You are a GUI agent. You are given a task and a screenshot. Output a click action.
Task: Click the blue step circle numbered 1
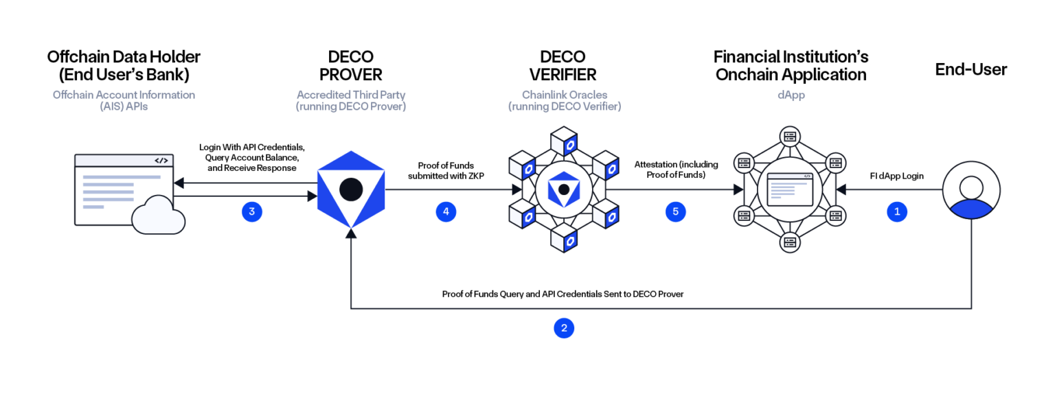[897, 212]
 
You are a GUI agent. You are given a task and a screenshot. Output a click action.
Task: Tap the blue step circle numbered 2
[564, 328]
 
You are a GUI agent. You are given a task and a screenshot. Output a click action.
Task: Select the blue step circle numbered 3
[252, 212]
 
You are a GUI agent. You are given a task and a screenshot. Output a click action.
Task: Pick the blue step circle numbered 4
[446, 212]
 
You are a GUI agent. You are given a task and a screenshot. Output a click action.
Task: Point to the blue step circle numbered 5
[675, 212]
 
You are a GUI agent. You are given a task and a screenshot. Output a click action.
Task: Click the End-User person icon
[971, 190]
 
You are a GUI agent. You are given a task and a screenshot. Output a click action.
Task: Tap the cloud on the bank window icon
[158, 215]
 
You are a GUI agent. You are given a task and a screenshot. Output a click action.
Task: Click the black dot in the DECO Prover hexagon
[351, 189]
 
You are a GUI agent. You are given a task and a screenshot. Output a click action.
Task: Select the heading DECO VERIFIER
[563, 65]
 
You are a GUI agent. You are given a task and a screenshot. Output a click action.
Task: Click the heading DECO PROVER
[351, 65]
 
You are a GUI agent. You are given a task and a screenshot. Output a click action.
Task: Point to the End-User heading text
[971, 69]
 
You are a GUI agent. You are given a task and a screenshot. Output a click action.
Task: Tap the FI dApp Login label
[897, 176]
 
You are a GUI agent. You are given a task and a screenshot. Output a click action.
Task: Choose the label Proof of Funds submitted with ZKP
[446, 170]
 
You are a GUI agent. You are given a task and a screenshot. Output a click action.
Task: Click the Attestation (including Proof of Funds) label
[676, 170]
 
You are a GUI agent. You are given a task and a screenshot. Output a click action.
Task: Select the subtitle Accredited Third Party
[351, 95]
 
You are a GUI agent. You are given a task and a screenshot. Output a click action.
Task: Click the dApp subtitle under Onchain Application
[791, 95]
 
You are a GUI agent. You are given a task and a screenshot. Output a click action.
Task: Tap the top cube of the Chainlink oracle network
[564, 141]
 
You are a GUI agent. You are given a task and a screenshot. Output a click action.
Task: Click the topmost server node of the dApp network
[790, 137]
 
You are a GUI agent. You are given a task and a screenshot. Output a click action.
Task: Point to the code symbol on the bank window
[161, 161]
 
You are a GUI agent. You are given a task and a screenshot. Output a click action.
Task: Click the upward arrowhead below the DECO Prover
[351, 233]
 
